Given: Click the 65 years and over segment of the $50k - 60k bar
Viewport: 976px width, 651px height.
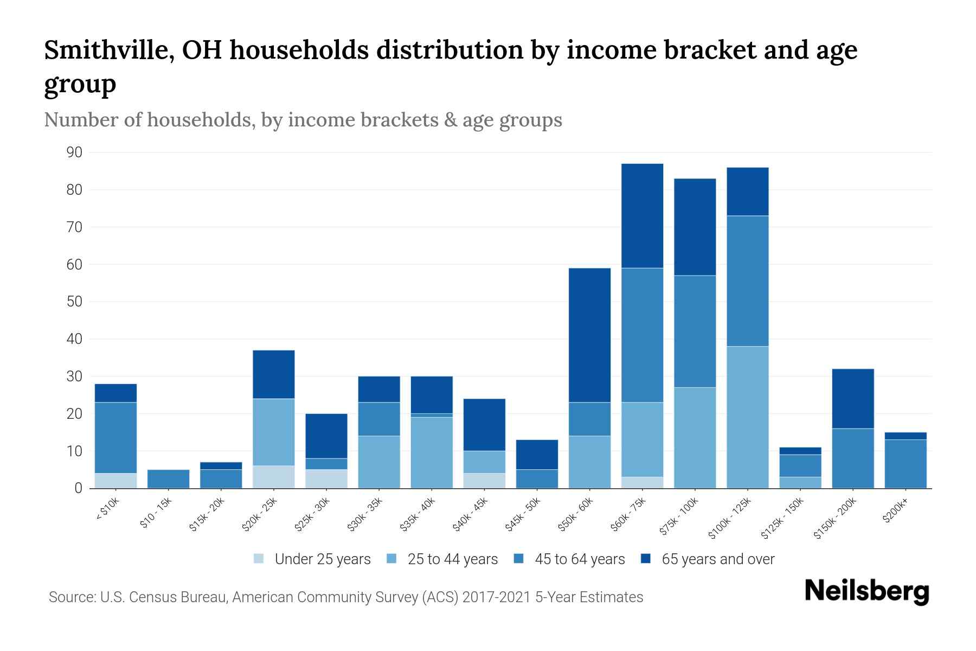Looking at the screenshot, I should [x=589, y=335].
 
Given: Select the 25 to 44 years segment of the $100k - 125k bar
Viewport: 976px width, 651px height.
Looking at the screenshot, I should [x=747, y=417].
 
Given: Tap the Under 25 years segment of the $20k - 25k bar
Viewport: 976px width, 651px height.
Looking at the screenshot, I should [x=273, y=477].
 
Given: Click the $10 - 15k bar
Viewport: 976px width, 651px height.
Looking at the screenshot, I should [x=168, y=479].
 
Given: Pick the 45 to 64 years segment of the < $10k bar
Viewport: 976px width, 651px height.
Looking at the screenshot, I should [x=115, y=438].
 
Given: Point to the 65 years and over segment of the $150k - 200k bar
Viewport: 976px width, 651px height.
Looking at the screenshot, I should [x=852, y=399].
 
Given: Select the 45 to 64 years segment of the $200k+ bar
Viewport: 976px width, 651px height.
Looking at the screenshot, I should [x=905, y=464].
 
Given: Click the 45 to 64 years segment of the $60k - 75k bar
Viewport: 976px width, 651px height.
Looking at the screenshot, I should [x=642, y=335].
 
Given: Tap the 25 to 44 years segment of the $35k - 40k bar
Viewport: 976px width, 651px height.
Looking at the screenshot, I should [x=432, y=452].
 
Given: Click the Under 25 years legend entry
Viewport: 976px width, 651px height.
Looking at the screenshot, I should [x=312, y=559].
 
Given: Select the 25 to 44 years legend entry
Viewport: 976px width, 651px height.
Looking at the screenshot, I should [x=442, y=559].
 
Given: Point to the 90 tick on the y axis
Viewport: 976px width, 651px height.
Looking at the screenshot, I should [x=74, y=152].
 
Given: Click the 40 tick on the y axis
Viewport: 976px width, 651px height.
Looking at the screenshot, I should [x=74, y=339].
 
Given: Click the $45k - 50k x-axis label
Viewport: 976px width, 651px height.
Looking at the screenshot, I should [x=523, y=515].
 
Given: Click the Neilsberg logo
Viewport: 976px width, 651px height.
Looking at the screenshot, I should [x=866, y=591].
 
